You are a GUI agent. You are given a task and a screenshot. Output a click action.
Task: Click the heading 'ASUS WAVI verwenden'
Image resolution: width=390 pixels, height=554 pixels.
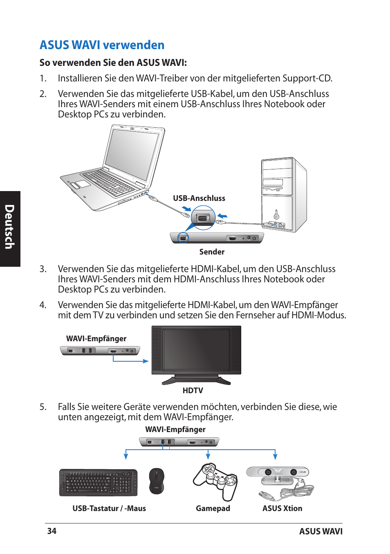point(102,45)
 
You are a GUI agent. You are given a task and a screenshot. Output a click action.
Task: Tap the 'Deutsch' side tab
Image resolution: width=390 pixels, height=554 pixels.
point(10,227)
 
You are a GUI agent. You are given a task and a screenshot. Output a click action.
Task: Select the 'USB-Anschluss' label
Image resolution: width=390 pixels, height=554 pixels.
point(199,198)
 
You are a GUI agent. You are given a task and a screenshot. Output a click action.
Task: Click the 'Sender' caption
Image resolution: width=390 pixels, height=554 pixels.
point(212,252)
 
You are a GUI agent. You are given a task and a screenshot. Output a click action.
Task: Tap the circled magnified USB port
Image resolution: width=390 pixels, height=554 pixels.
point(203,218)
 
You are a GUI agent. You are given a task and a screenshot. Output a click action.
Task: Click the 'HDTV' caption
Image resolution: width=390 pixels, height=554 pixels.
point(193,391)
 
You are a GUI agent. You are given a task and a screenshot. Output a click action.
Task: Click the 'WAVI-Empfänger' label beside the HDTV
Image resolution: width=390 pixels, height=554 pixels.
point(96,339)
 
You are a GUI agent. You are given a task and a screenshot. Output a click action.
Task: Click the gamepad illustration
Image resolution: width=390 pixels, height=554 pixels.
point(216,481)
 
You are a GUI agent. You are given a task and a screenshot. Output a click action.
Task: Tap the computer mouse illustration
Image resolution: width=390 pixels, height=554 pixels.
point(156,481)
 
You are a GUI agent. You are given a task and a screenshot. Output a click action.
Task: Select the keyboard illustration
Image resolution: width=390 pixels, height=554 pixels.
point(98,483)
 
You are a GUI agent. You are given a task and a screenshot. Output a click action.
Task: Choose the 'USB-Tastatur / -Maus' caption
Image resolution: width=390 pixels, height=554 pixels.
point(109,509)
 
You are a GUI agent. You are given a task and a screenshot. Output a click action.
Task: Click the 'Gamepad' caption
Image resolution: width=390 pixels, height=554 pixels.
point(213,509)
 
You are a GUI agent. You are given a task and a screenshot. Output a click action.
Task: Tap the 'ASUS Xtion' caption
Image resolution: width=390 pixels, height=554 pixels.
point(282,509)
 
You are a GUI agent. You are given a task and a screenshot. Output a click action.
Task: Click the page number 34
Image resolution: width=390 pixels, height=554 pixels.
point(52,531)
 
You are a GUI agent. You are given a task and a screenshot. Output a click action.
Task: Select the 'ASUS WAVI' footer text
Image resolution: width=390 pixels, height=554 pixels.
point(321,531)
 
